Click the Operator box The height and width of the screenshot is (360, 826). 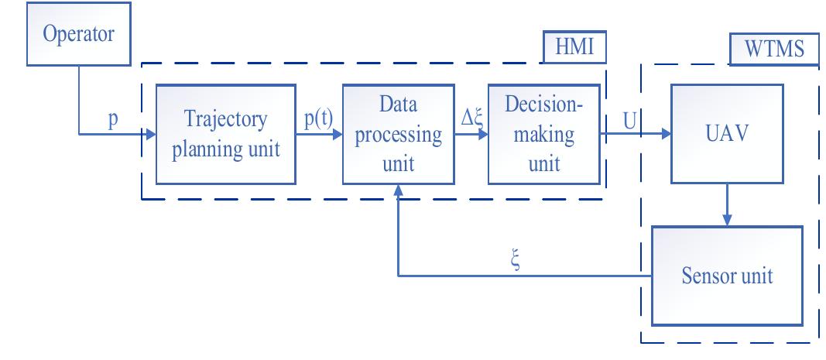click(x=78, y=34)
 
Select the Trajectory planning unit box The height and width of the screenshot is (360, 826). click(x=225, y=135)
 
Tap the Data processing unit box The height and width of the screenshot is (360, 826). click(x=398, y=135)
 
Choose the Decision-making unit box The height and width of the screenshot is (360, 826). click(x=544, y=135)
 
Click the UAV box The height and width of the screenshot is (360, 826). click(x=727, y=134)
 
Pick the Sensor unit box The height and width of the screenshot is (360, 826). click(x=727, y=276)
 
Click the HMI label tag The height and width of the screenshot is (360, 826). click(x=574, y=47)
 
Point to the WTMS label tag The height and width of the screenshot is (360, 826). click(x=774, y=49)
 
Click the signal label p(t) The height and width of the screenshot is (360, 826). click(x=319, y=120)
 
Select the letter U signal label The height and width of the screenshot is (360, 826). click(x=629, y=121)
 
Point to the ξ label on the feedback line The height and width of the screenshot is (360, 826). click(x=516, y=261)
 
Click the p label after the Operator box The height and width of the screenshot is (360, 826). click(x=113, y=121)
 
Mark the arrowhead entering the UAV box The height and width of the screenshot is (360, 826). click(x=666, y=134)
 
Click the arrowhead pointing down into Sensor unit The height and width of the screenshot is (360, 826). click(x=727, y=221)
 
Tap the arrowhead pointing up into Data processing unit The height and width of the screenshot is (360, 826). click(x=398, y=190)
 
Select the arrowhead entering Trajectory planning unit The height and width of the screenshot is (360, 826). click(x=151, y=135)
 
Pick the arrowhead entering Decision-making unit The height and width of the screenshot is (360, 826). click(x=482, y=135)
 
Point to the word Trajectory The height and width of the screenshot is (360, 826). click(x=225, y=120)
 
